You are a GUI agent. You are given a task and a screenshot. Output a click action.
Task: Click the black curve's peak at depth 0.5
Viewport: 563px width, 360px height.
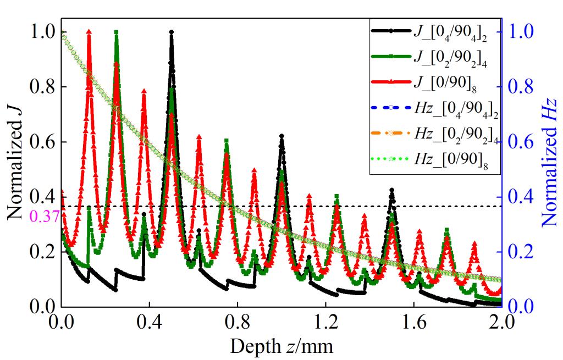[x=172, y=32]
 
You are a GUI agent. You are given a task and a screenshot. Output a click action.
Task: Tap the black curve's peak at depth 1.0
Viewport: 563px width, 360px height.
[x=281, y=136]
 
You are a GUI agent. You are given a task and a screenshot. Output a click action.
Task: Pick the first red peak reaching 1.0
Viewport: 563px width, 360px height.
[x=89, y=32]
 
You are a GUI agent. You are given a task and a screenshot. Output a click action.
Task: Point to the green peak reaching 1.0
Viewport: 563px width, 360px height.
[x=116, y=32]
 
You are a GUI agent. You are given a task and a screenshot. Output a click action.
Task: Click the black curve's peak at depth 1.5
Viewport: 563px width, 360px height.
[x=391, y=190]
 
